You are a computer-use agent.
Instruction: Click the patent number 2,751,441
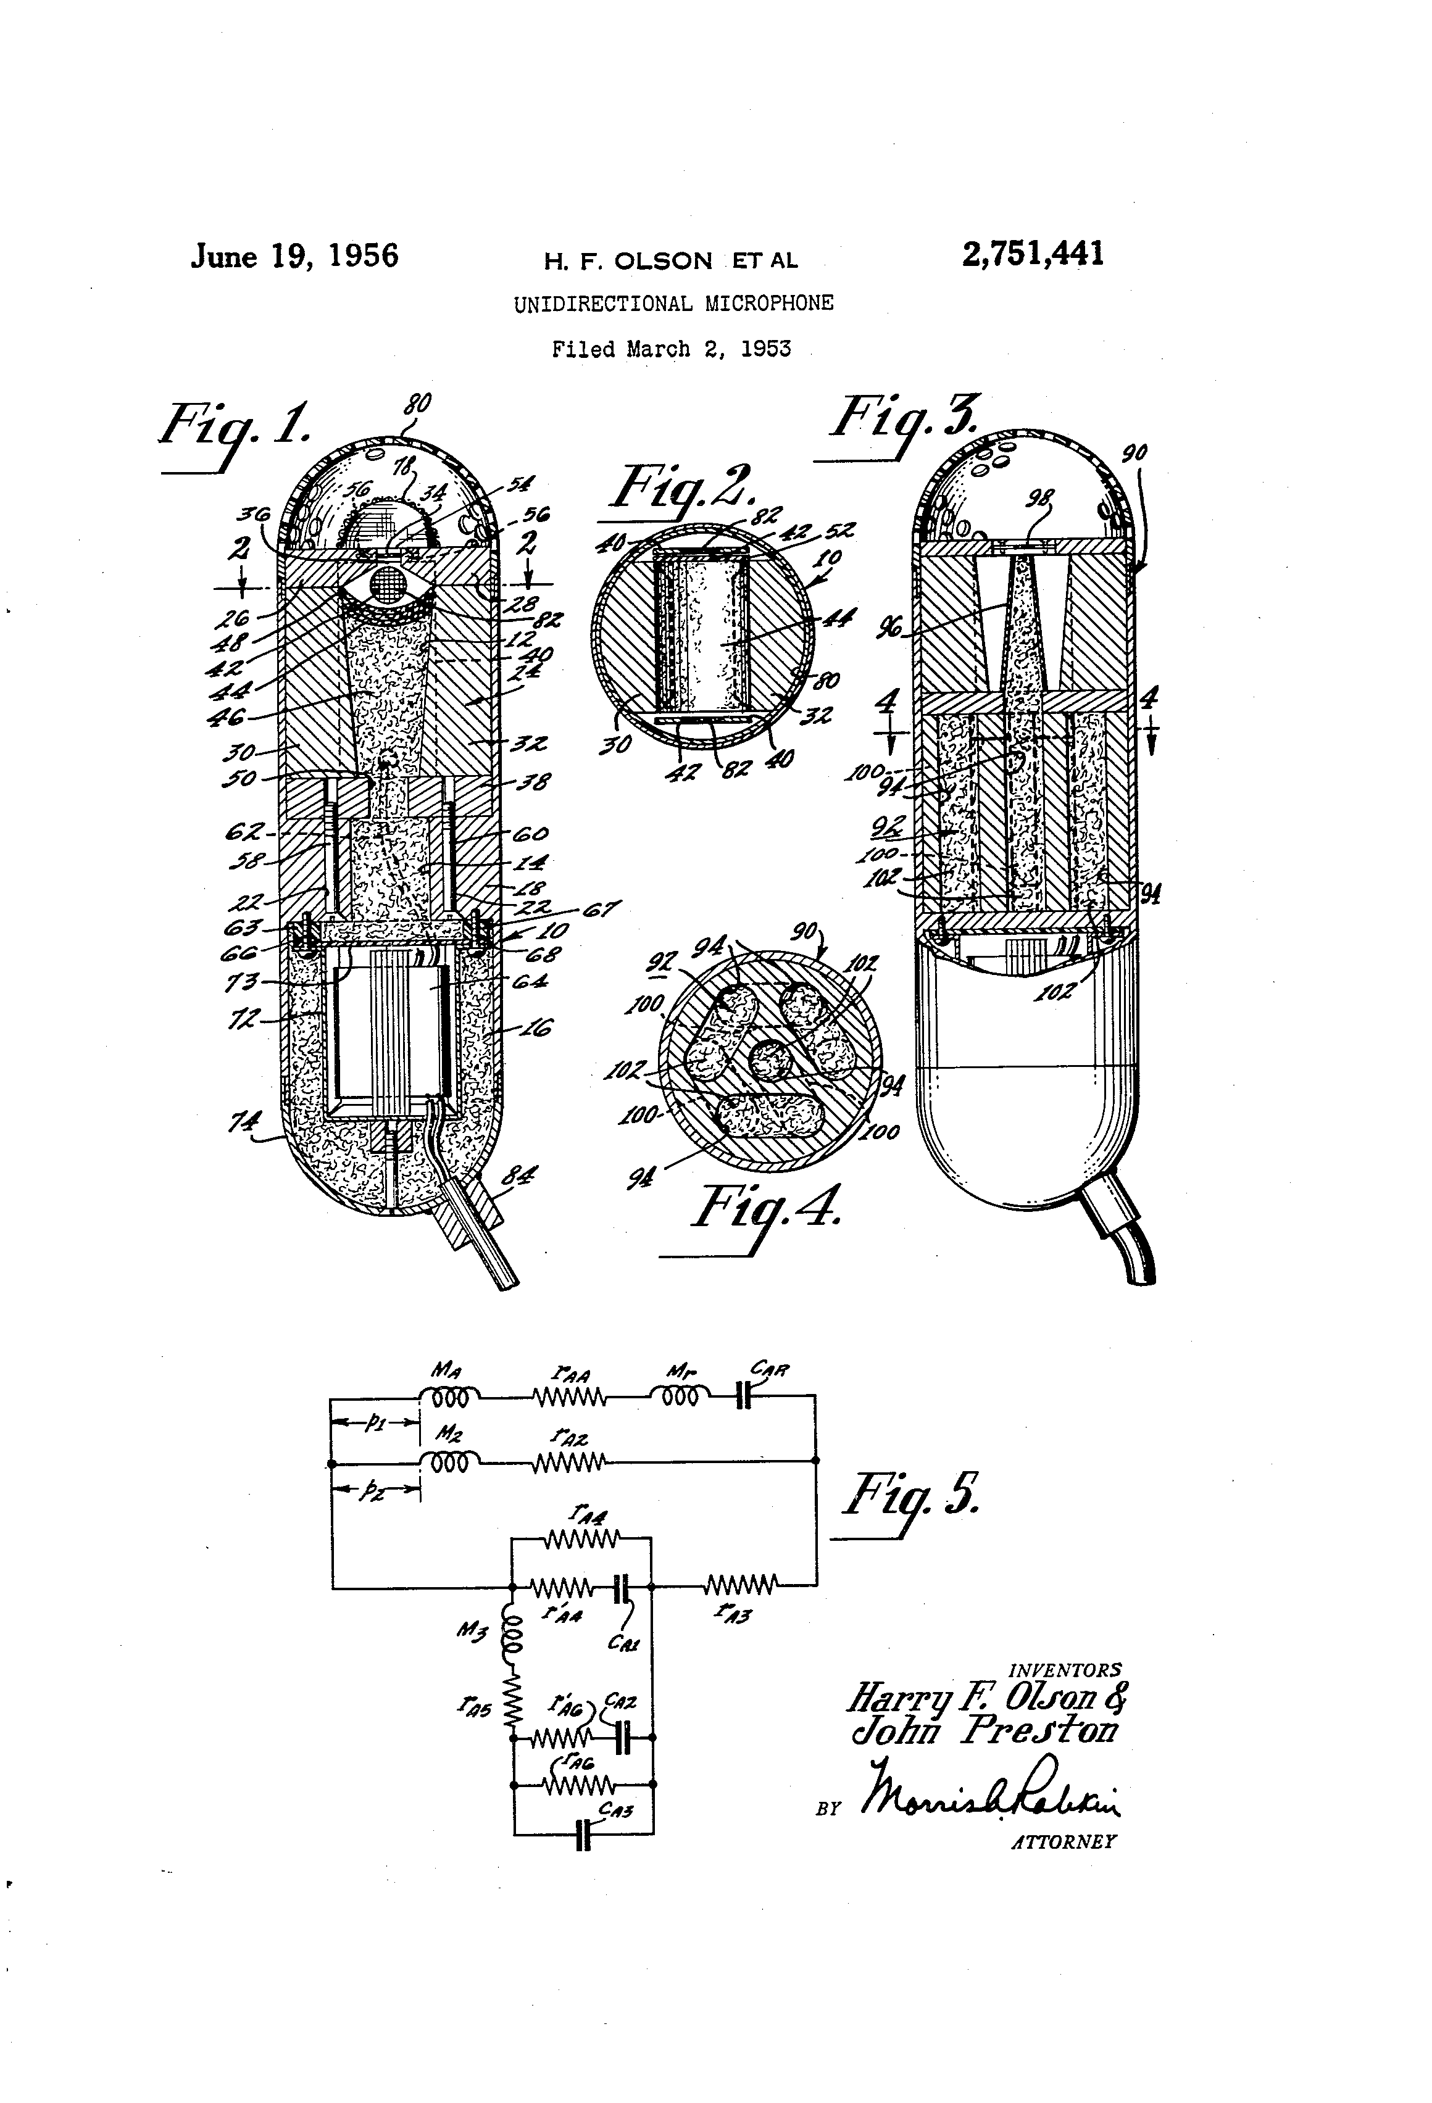click(x=1033, y=254)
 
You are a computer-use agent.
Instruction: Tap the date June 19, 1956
click(x=294, y=256)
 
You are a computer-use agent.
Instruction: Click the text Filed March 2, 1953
click(x=671, y=349)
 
